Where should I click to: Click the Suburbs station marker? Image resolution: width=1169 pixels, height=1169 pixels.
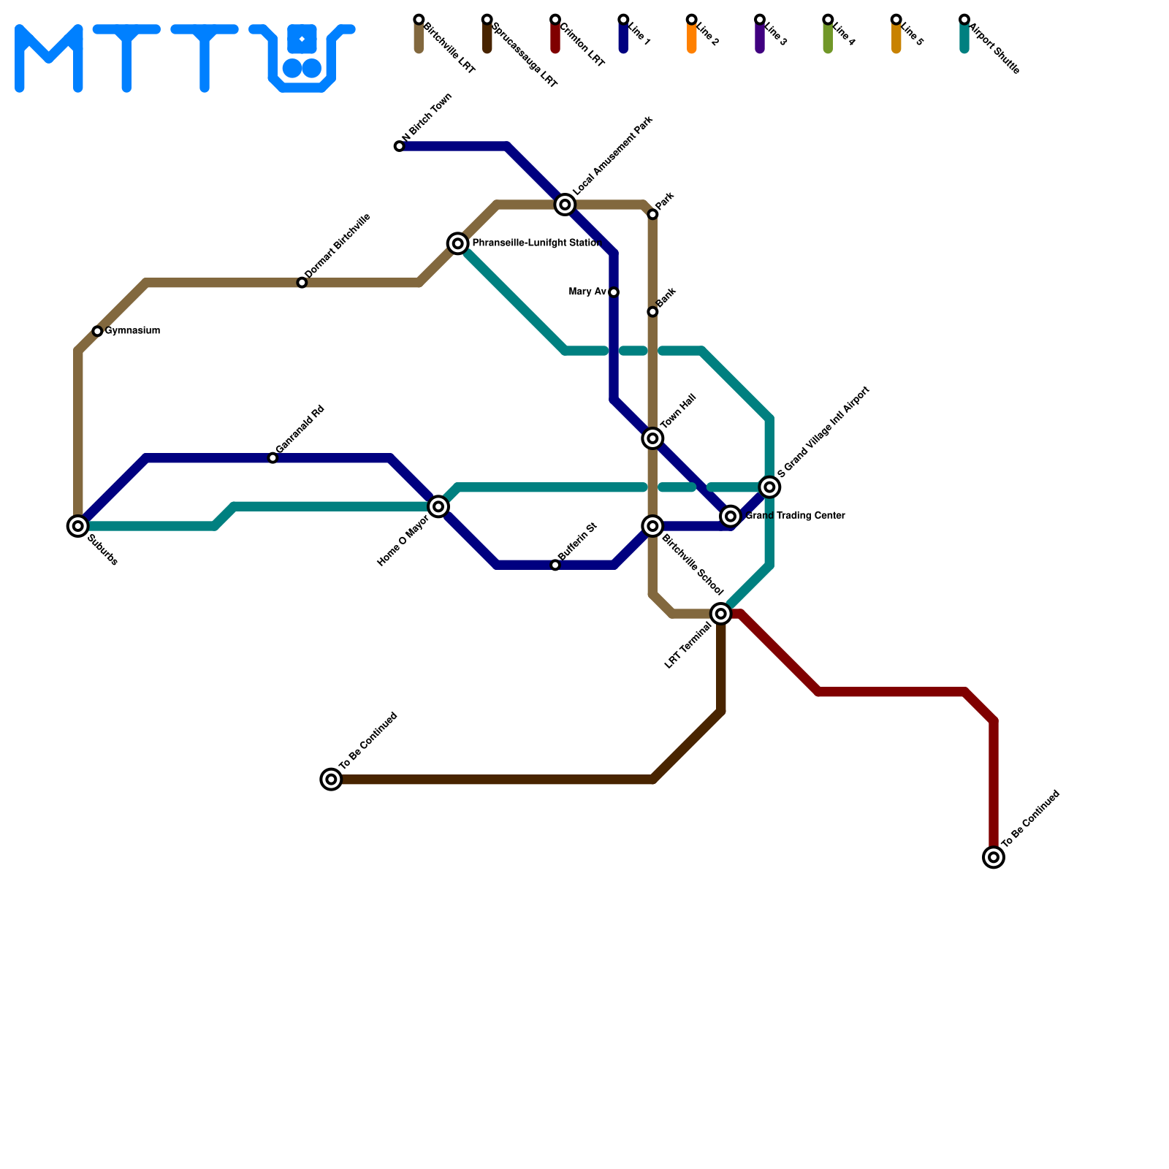click(78, 526)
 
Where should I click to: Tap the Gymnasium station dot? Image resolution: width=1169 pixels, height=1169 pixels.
click(97, 332)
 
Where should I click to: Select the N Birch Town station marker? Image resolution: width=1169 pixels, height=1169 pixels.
click(399, 147)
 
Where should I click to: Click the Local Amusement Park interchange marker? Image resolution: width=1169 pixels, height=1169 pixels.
click(565, 205)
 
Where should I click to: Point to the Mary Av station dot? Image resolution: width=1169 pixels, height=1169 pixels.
click(614, 293)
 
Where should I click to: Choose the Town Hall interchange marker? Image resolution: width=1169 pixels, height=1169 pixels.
click(653, 438)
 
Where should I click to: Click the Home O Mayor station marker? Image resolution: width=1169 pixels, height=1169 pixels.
click(438, 506)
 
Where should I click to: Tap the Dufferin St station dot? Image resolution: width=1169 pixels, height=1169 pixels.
click(555, 566)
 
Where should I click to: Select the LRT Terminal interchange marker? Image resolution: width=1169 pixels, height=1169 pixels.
click(721, 614)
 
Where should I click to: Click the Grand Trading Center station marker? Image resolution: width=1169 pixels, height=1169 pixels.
click(731, 517)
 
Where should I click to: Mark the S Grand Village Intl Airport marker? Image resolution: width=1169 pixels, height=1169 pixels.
click(769, 487)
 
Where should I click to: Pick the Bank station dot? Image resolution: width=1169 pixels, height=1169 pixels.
click(653, 312)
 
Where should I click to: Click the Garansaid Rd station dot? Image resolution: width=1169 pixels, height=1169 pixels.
click(273, 458)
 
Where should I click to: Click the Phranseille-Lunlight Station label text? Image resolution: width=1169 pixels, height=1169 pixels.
click(536, 243)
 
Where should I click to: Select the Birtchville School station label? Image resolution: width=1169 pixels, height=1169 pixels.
click(692, 566)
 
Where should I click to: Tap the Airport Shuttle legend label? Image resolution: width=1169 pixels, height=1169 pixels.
click(994, 50)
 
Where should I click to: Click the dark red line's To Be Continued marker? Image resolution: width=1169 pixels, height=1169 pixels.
click(994, 857)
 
